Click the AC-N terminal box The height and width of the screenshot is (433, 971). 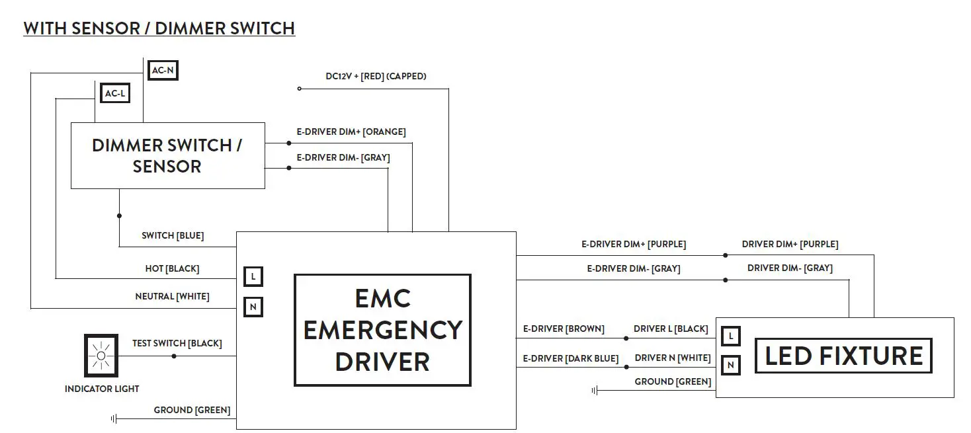point(162,69)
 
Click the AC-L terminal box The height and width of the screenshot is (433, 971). point(114,94)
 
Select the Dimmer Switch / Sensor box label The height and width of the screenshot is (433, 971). point(167,155)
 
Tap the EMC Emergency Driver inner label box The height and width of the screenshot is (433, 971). point(382,330)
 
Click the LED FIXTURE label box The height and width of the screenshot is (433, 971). point(843,356)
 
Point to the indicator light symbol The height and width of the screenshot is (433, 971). point(101,356)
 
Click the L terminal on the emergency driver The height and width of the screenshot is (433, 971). point(253,276)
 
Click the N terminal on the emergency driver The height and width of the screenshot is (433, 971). point(253,307)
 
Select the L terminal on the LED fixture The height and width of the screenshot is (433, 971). point(730,336)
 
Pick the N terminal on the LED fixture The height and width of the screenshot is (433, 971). point(730,365)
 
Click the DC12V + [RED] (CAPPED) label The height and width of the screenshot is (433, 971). point(376,76)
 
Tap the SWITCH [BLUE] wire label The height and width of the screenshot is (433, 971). point(173,235)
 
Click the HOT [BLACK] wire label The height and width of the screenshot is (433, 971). point(172,268)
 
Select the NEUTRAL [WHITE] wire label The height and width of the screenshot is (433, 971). point(172,296)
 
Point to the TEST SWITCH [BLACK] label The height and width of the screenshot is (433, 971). point(177,343)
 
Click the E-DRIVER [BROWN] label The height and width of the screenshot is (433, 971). point(563,329)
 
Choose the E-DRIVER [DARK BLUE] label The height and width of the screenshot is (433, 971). point(570,358)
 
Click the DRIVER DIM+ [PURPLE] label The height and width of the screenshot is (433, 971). point(790,244)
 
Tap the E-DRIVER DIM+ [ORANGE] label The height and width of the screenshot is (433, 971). point(351,132)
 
